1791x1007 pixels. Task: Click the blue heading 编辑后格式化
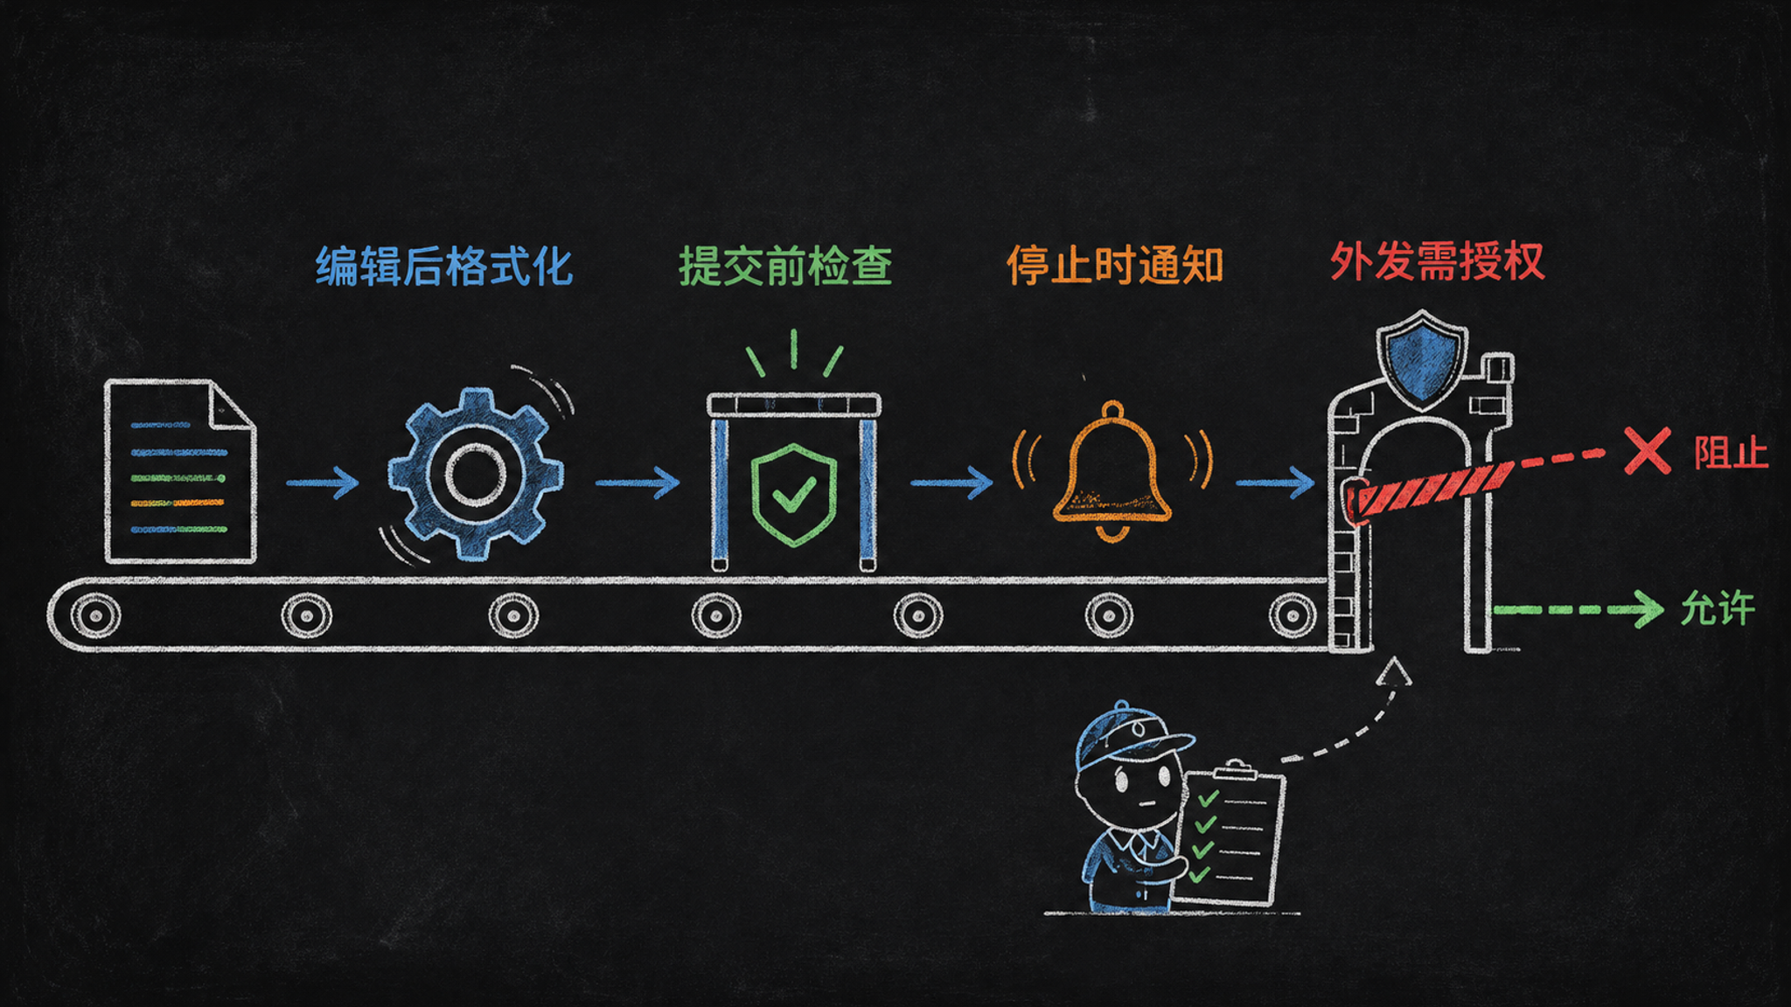click(444, 266)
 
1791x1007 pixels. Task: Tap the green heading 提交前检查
click(785, 266)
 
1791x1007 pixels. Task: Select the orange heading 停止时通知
click(1114, 264)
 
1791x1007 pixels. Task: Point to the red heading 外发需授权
click(1438, 260)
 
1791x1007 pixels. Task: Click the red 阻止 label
click(1731, 453)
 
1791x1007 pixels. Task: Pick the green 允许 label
click(1718, 608)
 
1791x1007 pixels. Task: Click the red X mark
click(1648, 451)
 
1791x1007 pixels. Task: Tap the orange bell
click(1112, 472)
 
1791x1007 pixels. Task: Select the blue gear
click(476, 474)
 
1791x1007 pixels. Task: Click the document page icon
click(180, 471)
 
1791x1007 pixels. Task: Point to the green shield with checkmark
click(794, 495)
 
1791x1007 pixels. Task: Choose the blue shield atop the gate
click(1422, 359)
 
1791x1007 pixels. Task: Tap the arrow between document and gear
click(323, 483)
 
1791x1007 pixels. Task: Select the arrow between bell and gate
click(1275, 483)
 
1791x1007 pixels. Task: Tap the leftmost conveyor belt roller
click(95, 615)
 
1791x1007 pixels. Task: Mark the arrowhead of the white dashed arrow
click(1394, 671)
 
